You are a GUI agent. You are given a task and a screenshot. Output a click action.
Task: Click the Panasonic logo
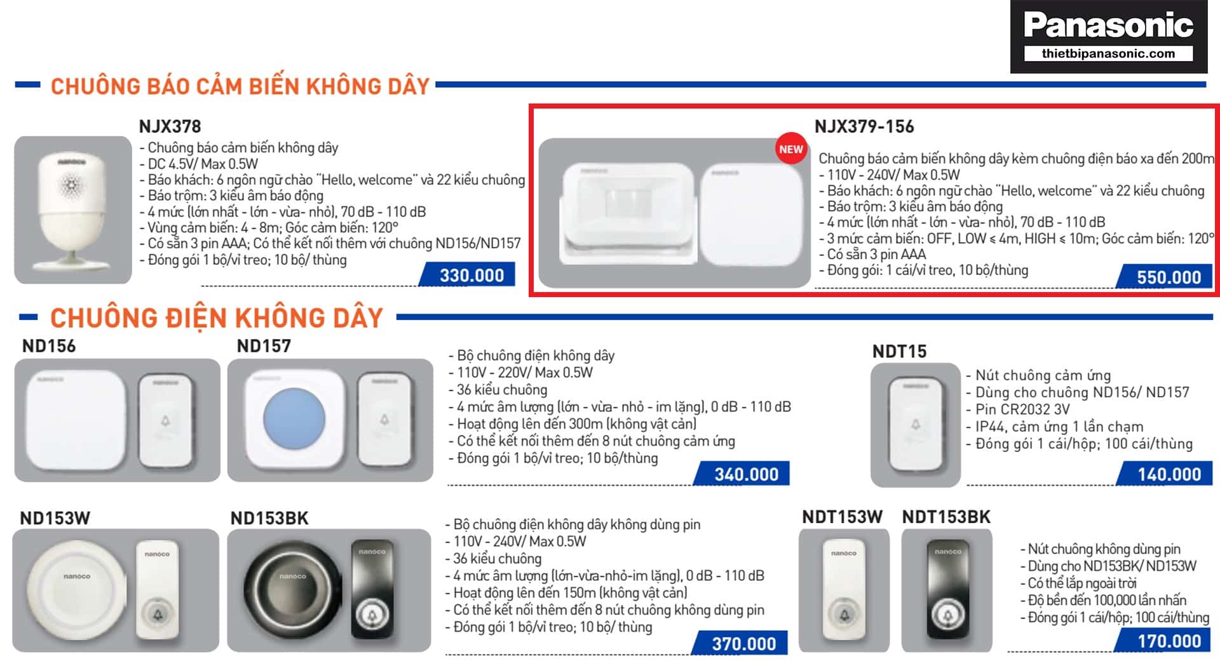tap(1109, 36)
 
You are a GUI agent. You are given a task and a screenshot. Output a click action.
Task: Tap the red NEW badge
tap(790, 149)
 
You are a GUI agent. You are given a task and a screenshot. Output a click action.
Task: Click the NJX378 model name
tap(170, 126)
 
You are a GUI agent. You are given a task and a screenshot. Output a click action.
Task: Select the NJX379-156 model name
tap(864, 126)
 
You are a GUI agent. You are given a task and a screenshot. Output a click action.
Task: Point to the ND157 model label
tap(264, 346)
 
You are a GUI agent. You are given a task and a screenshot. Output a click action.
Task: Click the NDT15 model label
tap(899, 351)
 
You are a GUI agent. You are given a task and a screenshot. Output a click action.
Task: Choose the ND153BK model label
tap(269, 518)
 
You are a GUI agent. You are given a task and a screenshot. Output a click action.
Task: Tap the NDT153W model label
tap(842, 517)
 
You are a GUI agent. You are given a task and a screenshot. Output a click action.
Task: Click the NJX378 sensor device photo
tap(72, 210)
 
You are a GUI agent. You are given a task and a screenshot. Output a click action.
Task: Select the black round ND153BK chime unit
tap(292, 590)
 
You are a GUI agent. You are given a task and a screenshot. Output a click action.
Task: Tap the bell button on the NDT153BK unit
tap(947, 615)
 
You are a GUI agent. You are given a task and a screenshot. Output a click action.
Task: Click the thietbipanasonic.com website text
tap(1108, 53)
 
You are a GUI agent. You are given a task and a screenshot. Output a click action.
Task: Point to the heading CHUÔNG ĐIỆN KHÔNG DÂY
tap(217, 317)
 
